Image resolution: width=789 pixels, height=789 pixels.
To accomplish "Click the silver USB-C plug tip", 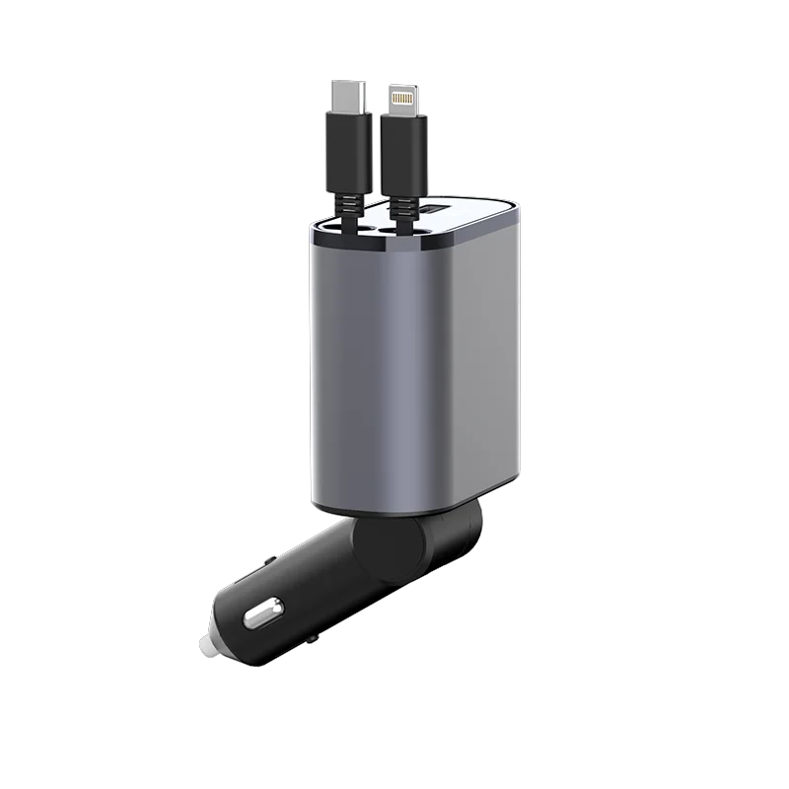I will click(x=349, y=98).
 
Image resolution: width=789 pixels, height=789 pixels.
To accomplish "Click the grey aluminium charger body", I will click(x=414, y=365).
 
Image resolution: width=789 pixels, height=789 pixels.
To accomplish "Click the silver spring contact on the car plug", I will click(x=258, y=615).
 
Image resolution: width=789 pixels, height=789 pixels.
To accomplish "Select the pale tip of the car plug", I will click(x=208, y=642).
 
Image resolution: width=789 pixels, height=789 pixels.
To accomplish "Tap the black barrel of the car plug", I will click(x=296, y=592).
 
